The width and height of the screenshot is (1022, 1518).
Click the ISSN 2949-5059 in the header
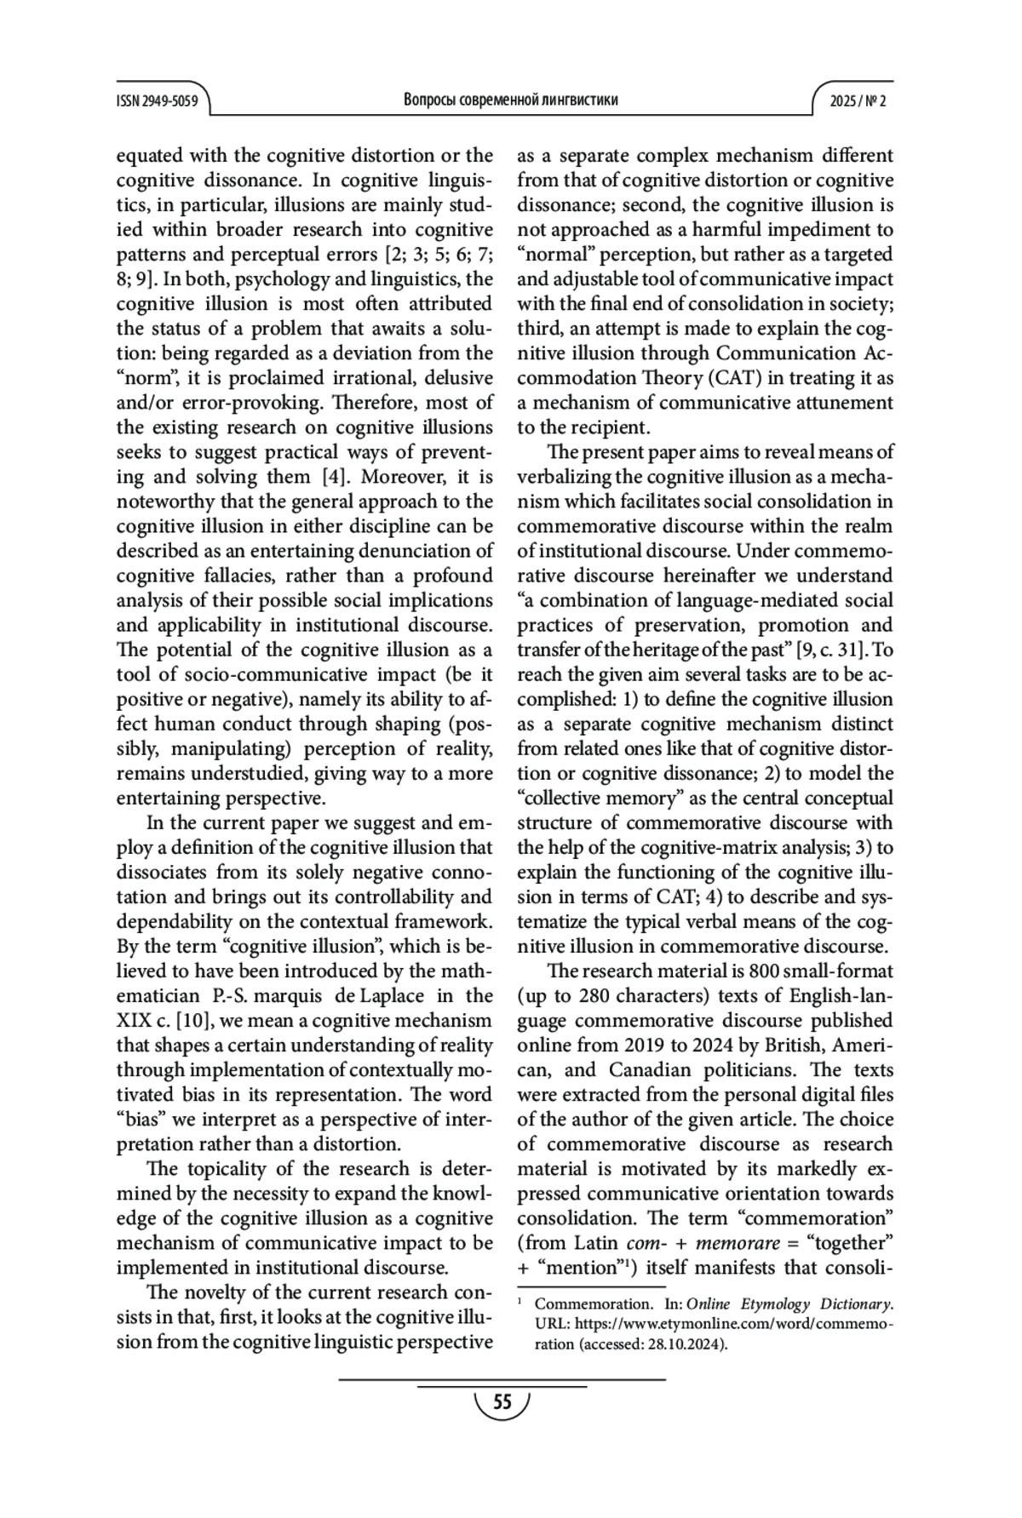pos(157,100)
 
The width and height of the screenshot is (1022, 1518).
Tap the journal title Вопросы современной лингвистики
pos(510,100)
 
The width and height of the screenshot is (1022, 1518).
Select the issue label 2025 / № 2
pos(858,100)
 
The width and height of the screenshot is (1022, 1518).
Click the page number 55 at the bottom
pos(502,1402)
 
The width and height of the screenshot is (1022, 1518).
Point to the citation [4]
pos(329,477)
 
